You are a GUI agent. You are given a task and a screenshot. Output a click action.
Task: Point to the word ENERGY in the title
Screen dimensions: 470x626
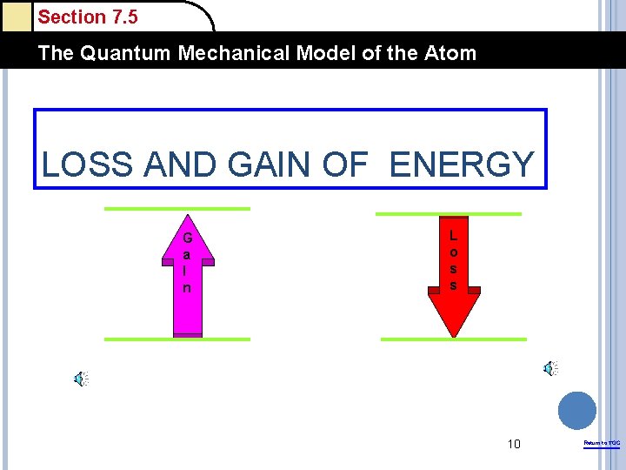point(461,164)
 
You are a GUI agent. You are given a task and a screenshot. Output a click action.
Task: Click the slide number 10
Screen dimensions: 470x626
point(514,445)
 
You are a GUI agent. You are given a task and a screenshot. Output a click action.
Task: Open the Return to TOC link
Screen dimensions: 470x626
point(602,444)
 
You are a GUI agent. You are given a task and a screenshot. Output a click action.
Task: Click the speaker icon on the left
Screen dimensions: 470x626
point(80,379)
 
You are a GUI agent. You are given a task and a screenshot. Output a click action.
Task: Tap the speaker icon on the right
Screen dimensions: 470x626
point(549,369)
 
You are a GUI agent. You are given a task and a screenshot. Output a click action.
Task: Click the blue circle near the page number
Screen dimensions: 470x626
point(576,410)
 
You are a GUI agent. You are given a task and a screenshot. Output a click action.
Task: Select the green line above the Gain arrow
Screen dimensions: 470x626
point(176,209)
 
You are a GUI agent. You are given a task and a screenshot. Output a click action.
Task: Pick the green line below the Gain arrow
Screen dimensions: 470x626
point(176,339)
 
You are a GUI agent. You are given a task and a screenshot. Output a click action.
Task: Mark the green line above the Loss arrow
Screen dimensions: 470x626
point(448,213)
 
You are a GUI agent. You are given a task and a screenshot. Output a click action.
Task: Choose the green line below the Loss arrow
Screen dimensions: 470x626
point(454,339)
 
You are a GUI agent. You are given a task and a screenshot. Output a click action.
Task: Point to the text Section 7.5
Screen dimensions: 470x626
point(88,17)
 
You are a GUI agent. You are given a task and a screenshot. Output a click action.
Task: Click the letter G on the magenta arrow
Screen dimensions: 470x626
point(187,238)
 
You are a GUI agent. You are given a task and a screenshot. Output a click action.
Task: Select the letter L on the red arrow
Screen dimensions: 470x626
point(453,235)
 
